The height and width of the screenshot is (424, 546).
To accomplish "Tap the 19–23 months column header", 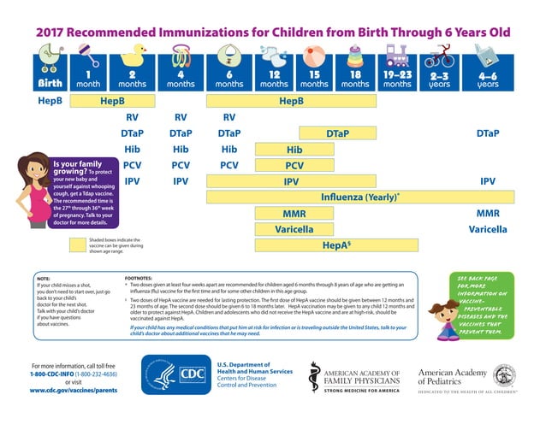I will [397, 79].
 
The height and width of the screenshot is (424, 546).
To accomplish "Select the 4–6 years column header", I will [488, 79].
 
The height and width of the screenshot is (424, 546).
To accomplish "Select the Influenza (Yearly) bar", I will [360, 197].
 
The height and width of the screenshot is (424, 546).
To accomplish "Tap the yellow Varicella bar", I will [294, 229].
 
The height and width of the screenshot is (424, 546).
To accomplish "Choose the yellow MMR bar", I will [294, 213].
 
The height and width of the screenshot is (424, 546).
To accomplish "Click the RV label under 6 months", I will [228, 117].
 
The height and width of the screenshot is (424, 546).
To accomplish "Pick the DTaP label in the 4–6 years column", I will [488, 133].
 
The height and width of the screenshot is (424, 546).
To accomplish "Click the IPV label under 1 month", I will [133, 181].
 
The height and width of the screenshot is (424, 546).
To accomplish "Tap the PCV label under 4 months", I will [181, 165].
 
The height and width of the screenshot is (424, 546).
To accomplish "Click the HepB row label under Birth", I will [48, 101].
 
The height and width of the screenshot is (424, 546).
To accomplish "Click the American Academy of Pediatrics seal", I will [503, 374].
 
